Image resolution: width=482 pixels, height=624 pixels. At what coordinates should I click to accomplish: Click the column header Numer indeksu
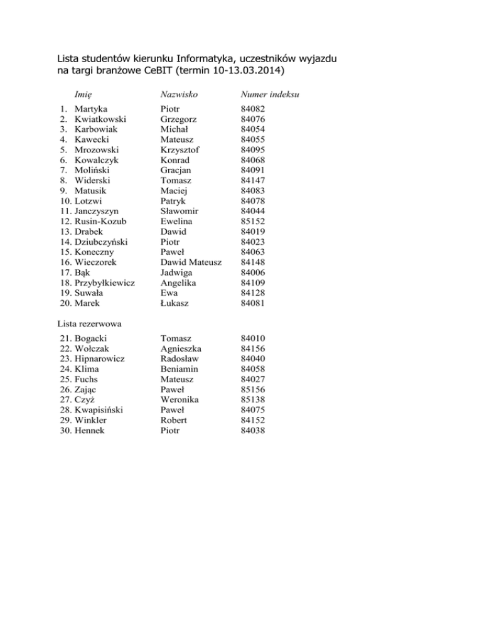[269, 94]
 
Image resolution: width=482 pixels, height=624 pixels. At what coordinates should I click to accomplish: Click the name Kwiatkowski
[100, 119]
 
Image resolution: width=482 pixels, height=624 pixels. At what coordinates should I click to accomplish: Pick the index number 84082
[253, 109]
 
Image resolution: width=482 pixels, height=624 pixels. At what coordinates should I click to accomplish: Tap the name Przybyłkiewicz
[104, 283]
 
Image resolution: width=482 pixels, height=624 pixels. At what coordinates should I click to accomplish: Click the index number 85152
[253, 222]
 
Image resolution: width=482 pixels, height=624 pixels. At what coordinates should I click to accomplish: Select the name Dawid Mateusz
[191, 262]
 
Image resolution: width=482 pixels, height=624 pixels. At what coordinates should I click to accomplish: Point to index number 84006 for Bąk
[253, 273]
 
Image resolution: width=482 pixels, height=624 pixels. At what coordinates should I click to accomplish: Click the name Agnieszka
[182, 348]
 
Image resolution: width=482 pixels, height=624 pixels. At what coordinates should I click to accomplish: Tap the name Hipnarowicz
[100, 358]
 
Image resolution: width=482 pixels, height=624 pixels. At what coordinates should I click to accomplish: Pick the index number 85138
[253, 399]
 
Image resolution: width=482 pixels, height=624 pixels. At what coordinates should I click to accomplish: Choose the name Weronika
[181, 399]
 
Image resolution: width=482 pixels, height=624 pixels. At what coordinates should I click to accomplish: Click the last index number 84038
[253, 430]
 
